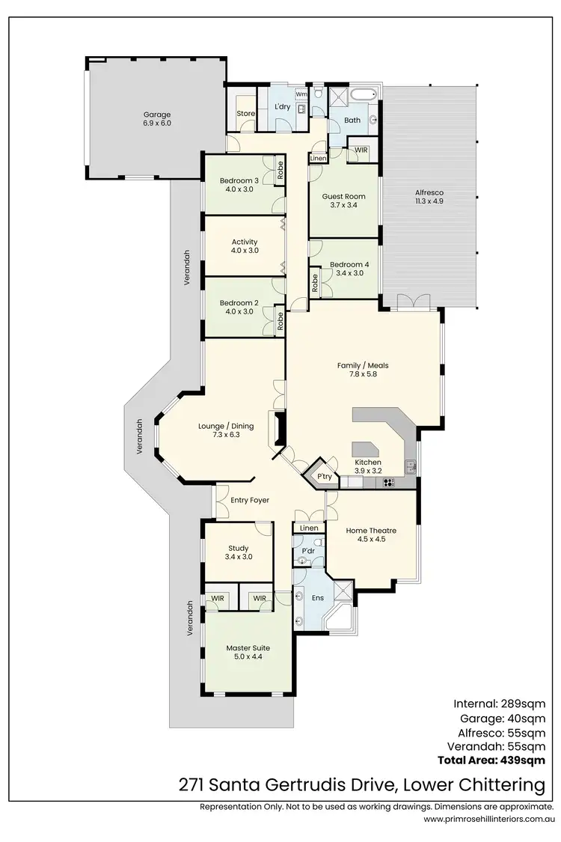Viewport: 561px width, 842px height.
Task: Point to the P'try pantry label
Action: tap(324, 477)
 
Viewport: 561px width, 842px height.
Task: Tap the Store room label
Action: tap(246, 114)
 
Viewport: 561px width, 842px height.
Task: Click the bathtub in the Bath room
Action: tap(366, 96)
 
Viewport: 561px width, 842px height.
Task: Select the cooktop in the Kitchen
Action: tap(389, 483)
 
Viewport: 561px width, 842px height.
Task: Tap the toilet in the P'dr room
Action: tap(318, 542)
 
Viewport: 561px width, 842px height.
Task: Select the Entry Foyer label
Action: tap(250, 500)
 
